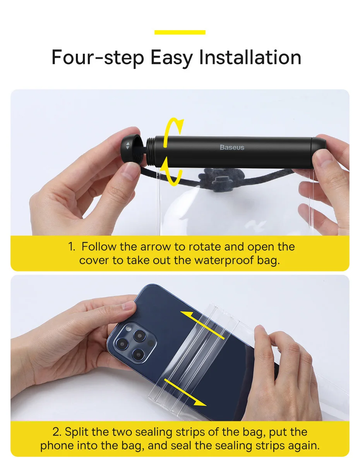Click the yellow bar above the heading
pos(180,33)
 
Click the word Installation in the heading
pos(250,57)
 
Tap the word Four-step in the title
pos(98,58)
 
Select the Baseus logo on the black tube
pos(232,148)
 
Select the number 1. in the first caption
pos(72,247)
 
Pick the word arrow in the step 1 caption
pos(156,247)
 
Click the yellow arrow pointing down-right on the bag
pos(185,392)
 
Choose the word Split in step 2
pos(77,432)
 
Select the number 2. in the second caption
pos(57,432)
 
